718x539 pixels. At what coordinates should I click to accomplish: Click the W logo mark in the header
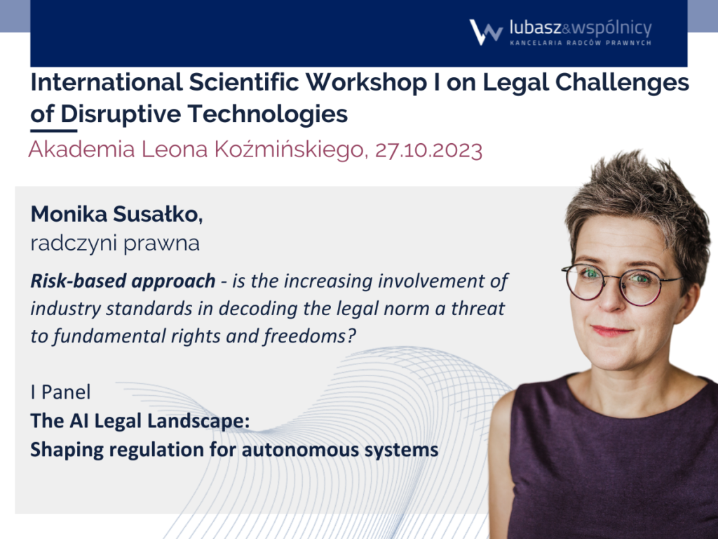click(x=485, y=32)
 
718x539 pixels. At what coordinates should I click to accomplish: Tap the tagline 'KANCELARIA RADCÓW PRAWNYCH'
click(x=581, y=43)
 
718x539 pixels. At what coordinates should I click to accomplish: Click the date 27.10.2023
click(x=428, y=150)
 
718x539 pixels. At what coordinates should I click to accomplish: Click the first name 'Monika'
click(x=69, y=214)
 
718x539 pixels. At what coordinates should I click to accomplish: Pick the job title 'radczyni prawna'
click(x=115, y=244)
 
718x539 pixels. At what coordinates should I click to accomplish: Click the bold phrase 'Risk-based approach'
click(x=123, y=281)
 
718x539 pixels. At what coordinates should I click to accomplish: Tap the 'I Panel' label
click(x=60, y=392)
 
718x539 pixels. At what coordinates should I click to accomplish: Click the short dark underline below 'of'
click(x=53, y=131)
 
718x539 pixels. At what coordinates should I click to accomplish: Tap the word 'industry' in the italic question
click(x=65, y=309)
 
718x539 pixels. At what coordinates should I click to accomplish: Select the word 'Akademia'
click(x=81, y=150)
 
